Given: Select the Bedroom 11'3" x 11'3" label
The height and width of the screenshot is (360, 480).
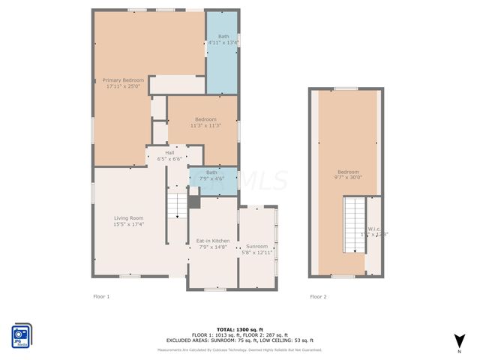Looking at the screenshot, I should pos(205,122).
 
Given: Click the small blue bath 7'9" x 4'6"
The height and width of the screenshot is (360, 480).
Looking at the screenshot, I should pos(212,175).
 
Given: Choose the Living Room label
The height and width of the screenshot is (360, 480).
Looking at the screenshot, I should pos(128,220).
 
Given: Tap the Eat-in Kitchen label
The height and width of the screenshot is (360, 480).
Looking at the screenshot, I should pos(212,244).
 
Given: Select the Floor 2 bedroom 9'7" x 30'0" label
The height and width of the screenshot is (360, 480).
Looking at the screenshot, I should pos(348,174).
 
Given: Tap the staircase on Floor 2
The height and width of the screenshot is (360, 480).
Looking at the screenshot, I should pos(353,225).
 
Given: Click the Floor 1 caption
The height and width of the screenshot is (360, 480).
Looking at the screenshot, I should pos(101,297).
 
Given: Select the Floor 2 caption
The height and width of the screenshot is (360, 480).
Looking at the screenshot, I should pos(318,297).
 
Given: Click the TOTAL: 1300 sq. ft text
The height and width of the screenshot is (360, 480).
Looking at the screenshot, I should pos(239,329).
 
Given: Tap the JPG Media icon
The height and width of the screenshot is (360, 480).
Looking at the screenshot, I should pos(21,334).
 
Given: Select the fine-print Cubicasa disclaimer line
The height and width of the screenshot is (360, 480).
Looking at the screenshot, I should pos(239,349).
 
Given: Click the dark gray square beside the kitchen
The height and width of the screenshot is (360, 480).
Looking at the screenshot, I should pos(194,202).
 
